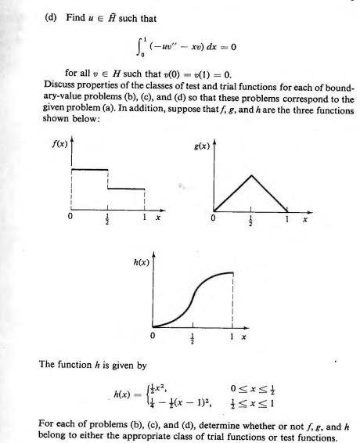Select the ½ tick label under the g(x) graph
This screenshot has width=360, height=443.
click(x=250, y=221)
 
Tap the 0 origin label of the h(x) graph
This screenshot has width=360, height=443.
click(x=153, y=335)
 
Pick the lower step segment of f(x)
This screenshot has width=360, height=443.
click(x=126, y=189)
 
